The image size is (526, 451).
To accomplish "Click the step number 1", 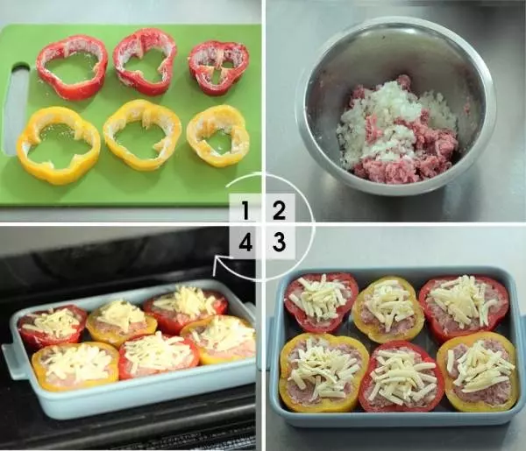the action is click(245, 211).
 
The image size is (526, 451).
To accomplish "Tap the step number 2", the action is click(279, 211).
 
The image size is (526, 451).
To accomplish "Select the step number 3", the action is click(279, 242).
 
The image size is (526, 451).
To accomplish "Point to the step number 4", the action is click(245, 243).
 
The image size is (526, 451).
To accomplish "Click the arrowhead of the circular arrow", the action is click(217, 264).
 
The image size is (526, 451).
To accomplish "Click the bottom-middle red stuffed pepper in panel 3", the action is click(398, 377).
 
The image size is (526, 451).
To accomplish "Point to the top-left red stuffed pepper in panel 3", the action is click(320, 301).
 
